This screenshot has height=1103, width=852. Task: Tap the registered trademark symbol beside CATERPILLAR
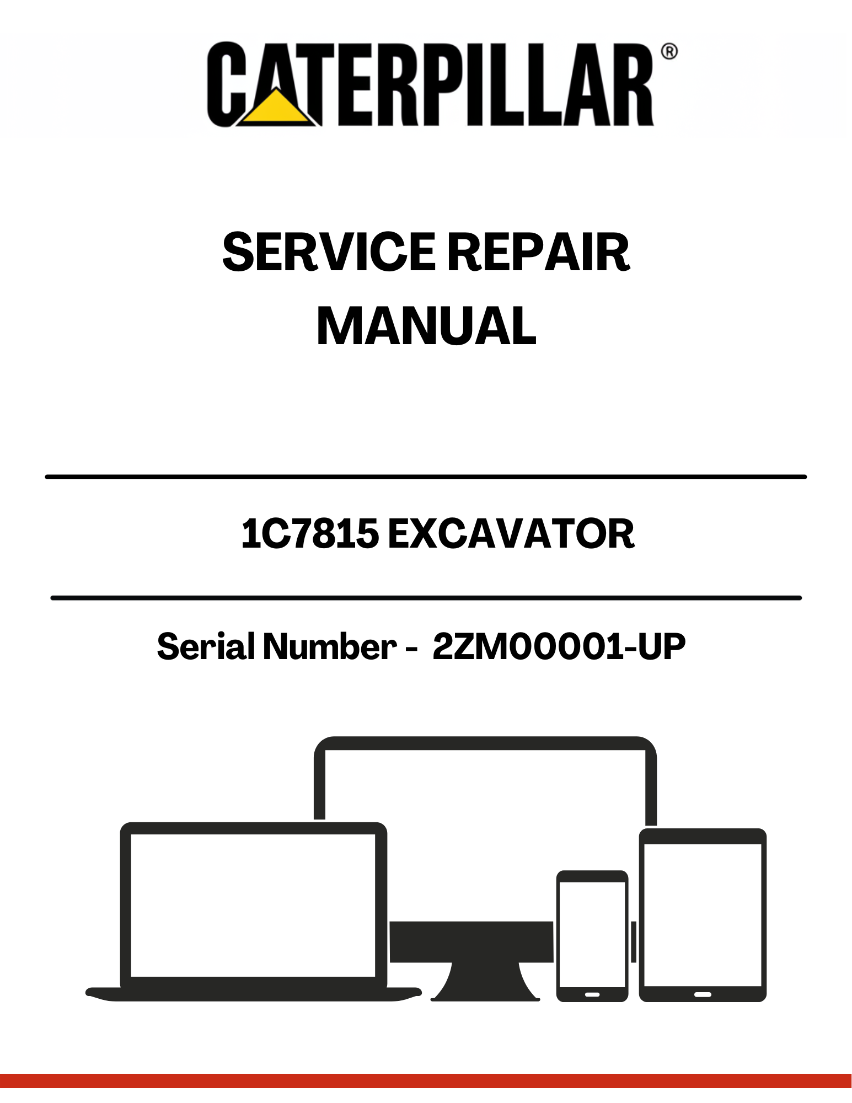tap(669, 52)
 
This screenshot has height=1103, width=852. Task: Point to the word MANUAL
tap(426, 326)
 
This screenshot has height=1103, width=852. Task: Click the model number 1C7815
tap(310, 534)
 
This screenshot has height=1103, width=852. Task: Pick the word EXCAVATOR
tap(511, 534)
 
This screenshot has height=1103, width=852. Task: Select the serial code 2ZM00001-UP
tap(559, 646)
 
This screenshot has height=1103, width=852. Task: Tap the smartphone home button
tap(592, 994)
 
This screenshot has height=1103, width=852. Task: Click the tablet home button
tap(703, 994)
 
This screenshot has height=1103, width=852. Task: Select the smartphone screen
tap(592, 934)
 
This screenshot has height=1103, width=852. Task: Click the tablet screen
tap(703, 915)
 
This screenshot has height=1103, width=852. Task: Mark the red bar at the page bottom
tap(426, 1081)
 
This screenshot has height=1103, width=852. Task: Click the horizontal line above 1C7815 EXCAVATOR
tap(426, 476)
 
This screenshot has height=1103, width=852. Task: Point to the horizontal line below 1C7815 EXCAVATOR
tap(426, 598)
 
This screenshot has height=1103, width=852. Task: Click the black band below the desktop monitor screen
tap(471, 941)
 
